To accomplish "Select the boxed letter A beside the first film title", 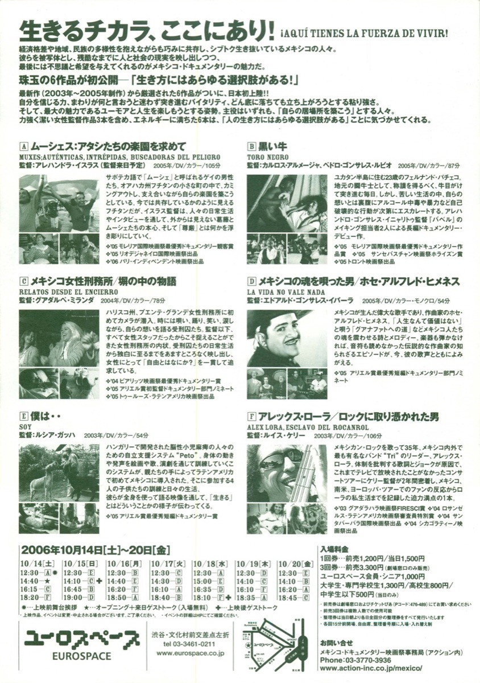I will (23, 145).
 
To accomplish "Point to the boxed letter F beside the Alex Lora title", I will (251, 417).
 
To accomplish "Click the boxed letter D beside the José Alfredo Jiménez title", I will (251, 281).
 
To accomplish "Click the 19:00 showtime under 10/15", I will (75, 597).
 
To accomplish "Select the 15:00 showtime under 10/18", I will (203, 581).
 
